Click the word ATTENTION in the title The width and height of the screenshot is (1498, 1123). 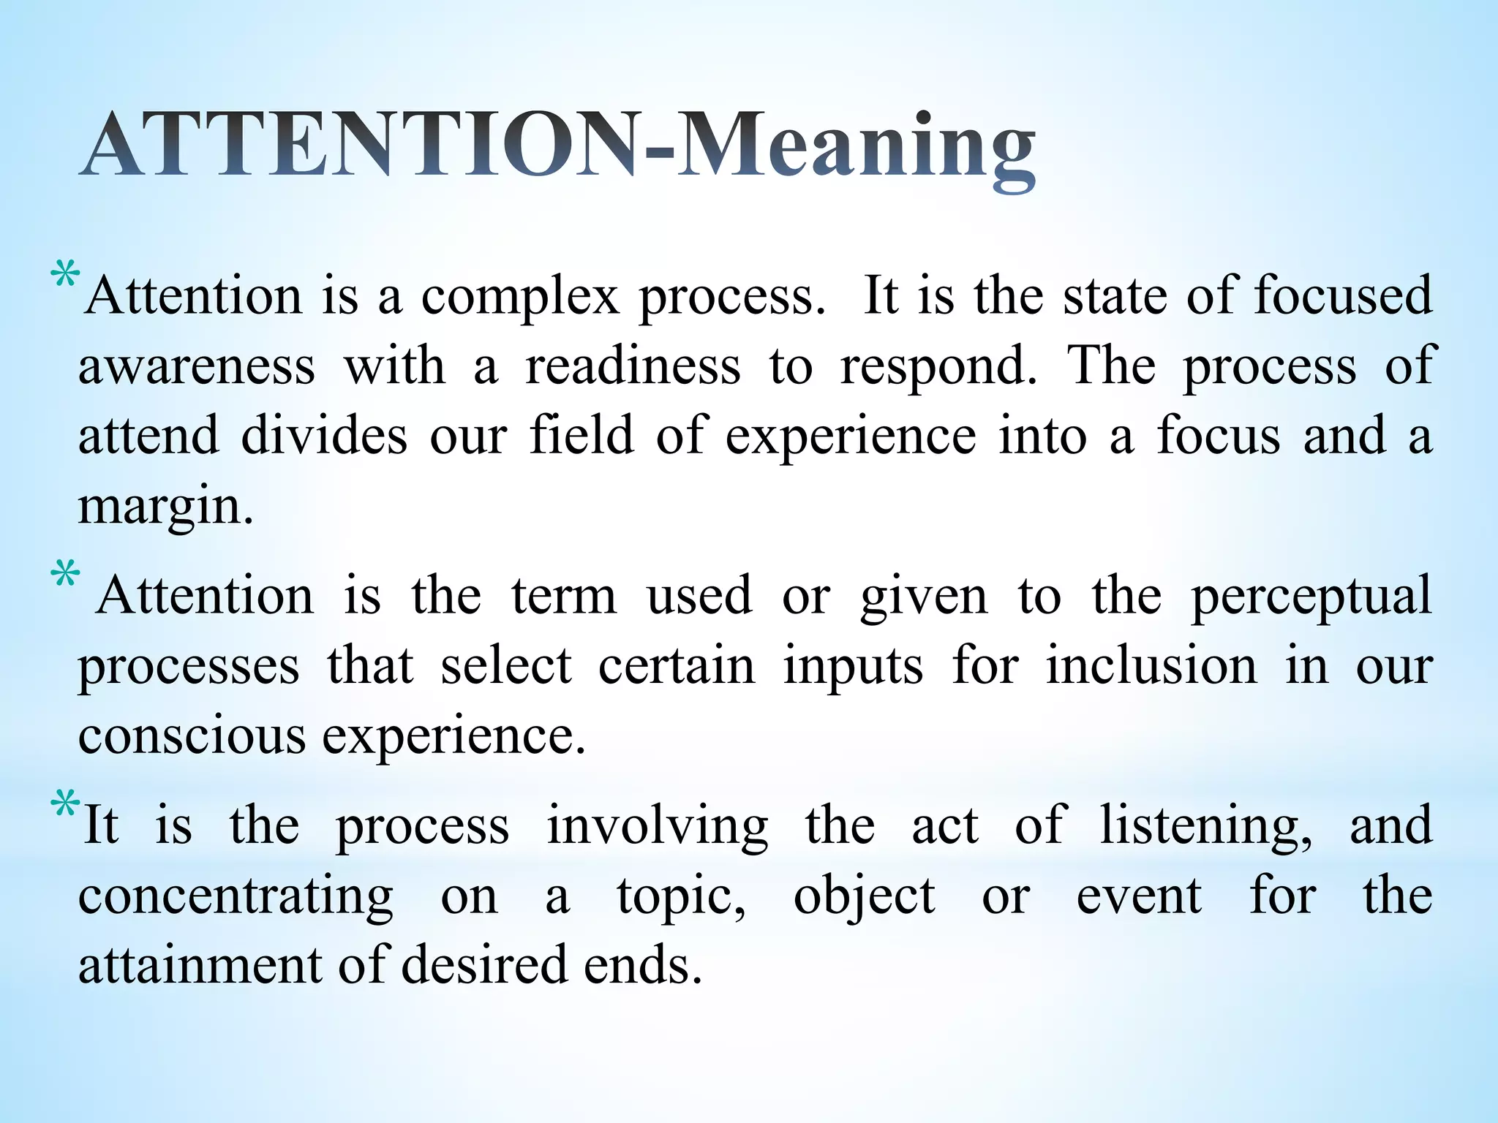click(358, 146)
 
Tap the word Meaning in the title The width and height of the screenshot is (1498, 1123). click(856, 150)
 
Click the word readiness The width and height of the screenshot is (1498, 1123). click(633, 366)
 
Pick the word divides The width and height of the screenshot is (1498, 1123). click(324, 436)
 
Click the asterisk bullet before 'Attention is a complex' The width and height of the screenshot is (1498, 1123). click(64, 279)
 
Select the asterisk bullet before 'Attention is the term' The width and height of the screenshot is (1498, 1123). click(64, 575)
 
